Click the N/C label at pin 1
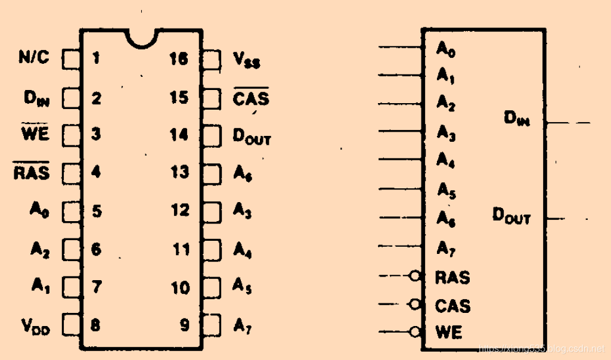pos(34,58)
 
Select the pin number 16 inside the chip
pos(178,59)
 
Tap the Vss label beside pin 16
pos(246,60)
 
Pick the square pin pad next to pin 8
pos(71,325)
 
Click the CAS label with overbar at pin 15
pos(250,97)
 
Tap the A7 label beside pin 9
pos(241,326)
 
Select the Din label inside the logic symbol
pos(516,119)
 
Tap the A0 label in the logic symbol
pos(446,49)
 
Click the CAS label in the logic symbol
pos(452,306)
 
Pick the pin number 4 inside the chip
pos(96,173)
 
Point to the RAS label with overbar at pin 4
pos(32,173)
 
